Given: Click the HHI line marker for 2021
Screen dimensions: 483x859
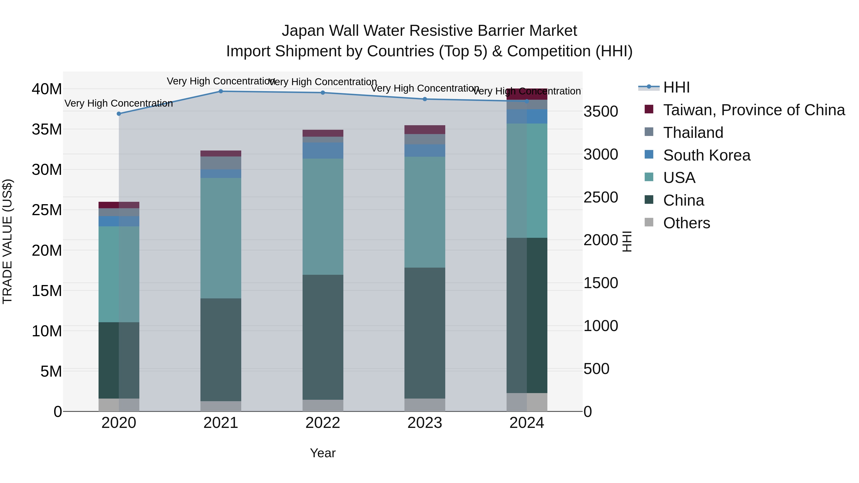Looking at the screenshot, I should click(x=221, y=91).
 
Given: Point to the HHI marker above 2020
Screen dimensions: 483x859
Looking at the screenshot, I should click(x=119, y=114).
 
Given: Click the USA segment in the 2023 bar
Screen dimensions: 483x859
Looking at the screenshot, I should click(x=424, y=212).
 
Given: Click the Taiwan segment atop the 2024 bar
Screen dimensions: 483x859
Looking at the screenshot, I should click(x=527, y=94).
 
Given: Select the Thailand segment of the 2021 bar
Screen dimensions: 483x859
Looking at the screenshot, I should click(x=221, y=163).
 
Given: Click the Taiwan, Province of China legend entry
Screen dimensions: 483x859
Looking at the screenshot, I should click(x=754, y=110).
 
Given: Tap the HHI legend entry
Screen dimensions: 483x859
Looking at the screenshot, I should click(x=676, y=87).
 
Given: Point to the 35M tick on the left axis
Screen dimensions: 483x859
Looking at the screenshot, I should click(x=47, y=129).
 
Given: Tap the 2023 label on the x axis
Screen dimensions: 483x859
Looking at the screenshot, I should click(x=424, y=423).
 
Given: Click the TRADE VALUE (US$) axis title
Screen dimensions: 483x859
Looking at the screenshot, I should click(x=7, y=241).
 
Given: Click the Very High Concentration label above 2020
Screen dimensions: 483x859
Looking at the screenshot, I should click(x=119, y=103).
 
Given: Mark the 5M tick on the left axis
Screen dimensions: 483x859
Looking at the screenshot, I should click(x=51, y=371).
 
